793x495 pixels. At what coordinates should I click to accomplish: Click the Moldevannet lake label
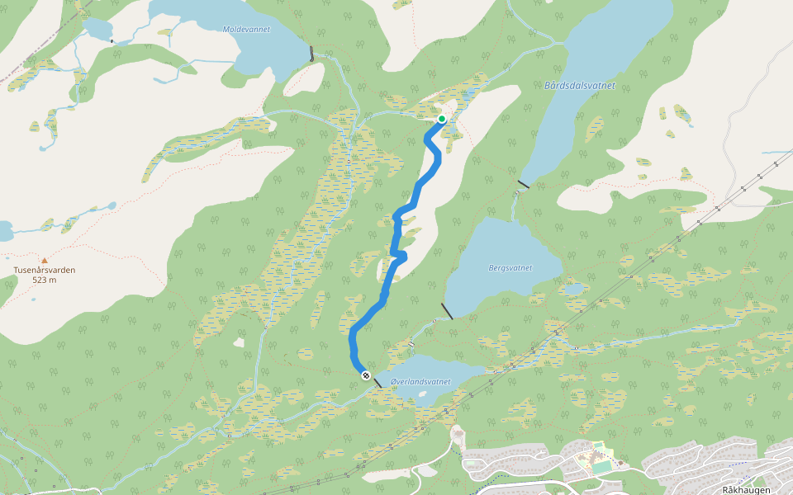pos(246,29)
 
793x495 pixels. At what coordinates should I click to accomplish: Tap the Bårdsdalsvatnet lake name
pos(580,86)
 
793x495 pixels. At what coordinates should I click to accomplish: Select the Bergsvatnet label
pos(510,267)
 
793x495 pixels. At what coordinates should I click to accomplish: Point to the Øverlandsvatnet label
pos(420,382)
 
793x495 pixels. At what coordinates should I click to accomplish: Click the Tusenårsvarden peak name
pos(45,270)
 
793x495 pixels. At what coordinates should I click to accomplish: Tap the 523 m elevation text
pos(45,280)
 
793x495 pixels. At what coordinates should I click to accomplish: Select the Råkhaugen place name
pos(746,489)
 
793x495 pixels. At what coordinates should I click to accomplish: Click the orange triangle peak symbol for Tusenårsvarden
pos(45,260)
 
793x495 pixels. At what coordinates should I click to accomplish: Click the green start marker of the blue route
pos(442,120)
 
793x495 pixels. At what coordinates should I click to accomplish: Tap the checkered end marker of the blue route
pos(365,375)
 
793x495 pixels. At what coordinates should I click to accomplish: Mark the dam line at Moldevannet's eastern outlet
pos(311,54)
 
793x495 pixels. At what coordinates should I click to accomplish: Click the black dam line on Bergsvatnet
pos(447,311)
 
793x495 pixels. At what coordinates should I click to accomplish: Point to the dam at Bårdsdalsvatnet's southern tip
pos(523,184)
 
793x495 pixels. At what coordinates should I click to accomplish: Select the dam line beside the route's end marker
pos(377,382)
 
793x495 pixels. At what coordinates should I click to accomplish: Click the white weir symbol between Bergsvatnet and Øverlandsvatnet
pos(411,343)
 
